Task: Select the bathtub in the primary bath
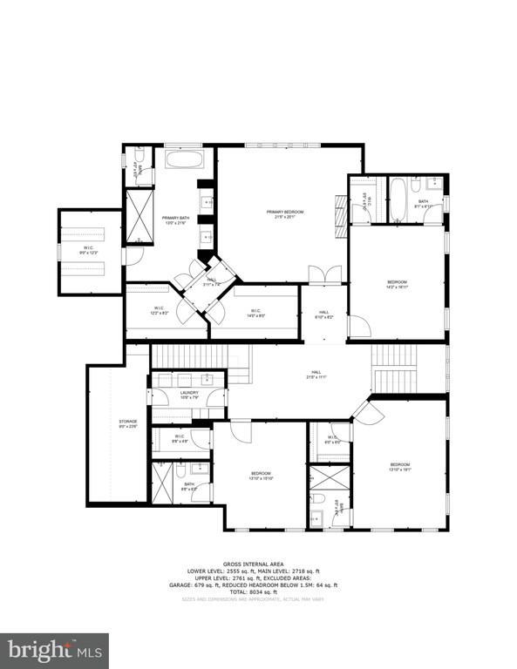pyautogui.click(x=184, y=161)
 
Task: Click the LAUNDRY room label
pyautogui.click(x=189, y=393)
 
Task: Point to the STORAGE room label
pyautogui.click(x=128, y=422)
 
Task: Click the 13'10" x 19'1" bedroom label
pyautogui.click(x=399, y=465)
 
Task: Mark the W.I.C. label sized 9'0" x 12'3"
pyautogui.click(x=89, y=250)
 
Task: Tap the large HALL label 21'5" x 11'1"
pyautogui.click(x=316, y=375)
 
